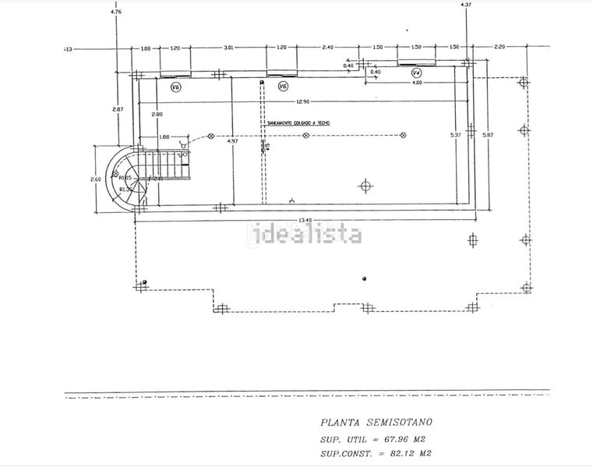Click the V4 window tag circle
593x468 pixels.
tap(416, 73)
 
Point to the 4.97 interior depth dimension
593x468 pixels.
tap(232, 141)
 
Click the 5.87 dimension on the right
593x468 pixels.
tap(488, 136)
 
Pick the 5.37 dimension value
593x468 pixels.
tap(456, 136)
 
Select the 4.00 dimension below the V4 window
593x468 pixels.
tap(417, 83)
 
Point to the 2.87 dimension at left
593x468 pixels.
tap(118, 109)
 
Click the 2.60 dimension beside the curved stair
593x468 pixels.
tap(96, 179)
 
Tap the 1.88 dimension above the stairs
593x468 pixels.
tap(164, 137)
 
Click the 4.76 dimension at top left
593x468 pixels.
tap(116, 12)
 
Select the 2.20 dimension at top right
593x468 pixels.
tap(499, 47)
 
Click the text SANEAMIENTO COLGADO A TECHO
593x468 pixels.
tap(298, 122)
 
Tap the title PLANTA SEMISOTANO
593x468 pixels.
tap(376, 422)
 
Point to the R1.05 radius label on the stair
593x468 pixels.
tap(125, 178)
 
